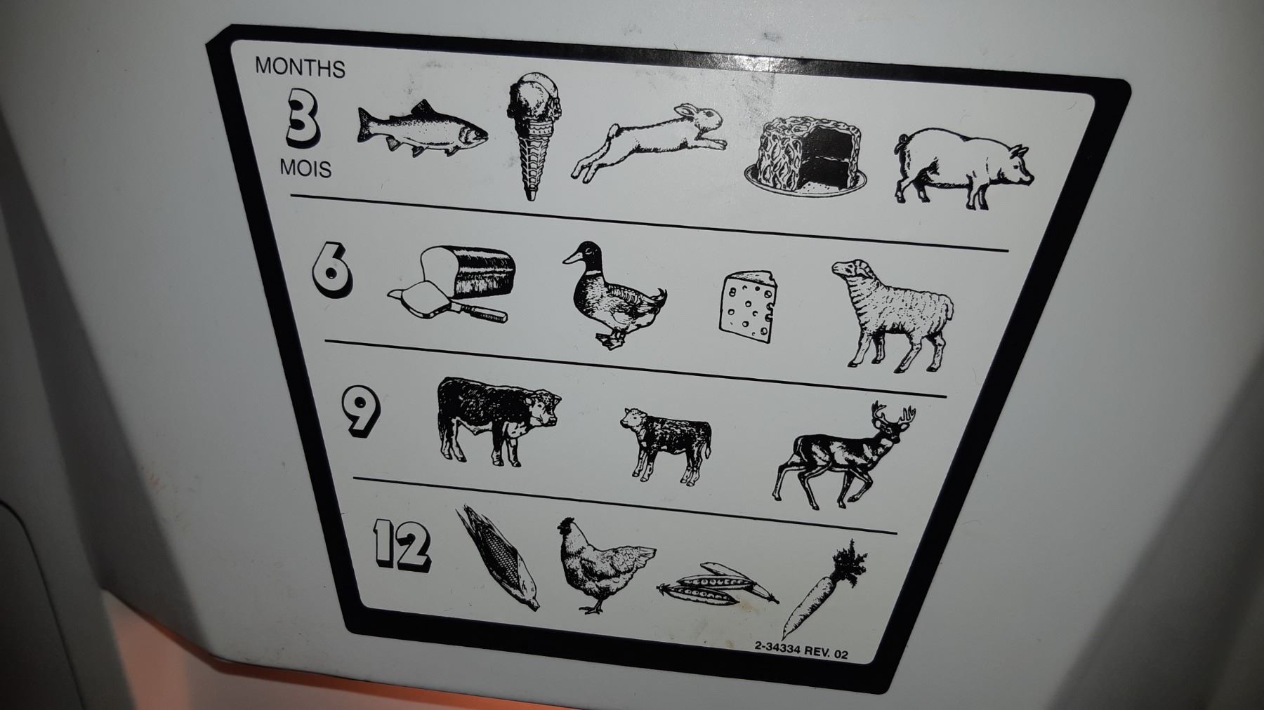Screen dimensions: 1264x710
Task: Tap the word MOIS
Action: [305, 168]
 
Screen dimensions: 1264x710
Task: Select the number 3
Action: [301, 121]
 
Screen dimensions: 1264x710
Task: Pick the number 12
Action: [401, 543]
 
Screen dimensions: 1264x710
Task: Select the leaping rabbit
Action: [648, 143]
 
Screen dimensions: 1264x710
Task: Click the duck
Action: [614, 295]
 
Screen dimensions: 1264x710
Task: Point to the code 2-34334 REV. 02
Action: [801, 652]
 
